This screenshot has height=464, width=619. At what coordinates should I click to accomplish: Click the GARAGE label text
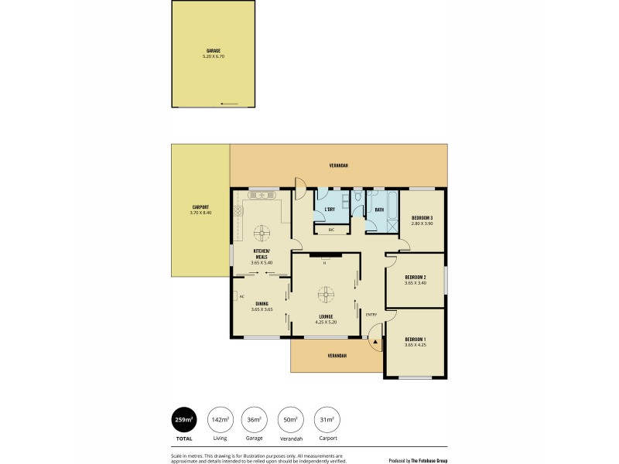coord(214,51)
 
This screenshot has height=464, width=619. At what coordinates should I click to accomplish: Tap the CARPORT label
coord(200,207)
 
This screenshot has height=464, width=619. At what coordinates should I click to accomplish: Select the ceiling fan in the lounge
coord(327,294)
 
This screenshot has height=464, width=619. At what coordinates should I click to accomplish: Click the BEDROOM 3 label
coord(422,218)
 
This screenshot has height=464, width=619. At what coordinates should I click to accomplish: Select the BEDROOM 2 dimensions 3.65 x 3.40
coord(416,283)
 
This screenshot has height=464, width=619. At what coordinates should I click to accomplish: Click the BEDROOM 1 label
coord(416,339)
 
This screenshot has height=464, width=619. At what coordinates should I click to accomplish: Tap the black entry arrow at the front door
coord(375,341)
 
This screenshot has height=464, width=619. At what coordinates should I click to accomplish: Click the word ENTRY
coord(371,314)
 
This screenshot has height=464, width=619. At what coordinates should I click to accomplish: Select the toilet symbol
coord(357,200)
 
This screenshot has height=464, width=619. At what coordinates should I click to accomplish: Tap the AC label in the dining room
coord(241,296)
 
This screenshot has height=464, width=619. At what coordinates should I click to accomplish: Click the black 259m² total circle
coord(184,420)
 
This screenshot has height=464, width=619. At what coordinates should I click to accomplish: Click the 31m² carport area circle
coord(327,420)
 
